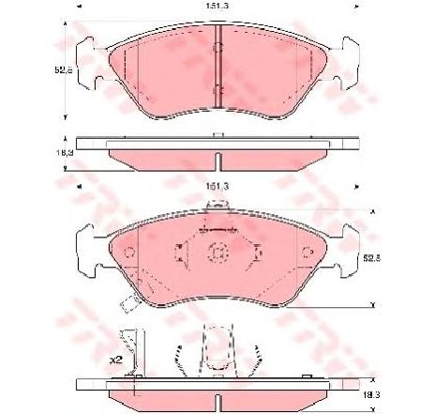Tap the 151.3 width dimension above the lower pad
(x=217, y=188)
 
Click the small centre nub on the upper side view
(x=217, y=136)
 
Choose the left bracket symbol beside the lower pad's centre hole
(x=182, y=252)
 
